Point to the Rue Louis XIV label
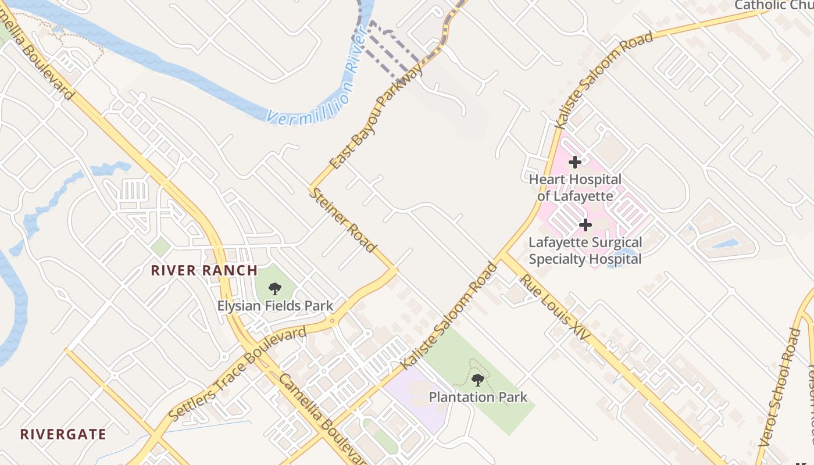(x=554, y=307)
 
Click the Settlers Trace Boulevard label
(x=237, y=374)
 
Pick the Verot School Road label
(x=779, y=387)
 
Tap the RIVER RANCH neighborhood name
(x=204, y=270)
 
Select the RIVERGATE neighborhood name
(x=63, y=434)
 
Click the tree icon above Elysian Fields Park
(x=275, y=288)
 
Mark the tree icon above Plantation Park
(x=477, y=380)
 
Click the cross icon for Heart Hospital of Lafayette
(x=575, y=162)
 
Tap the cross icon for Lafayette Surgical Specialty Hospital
(x=585, y=224)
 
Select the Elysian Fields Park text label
(x=275, y=306)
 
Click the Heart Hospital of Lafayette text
(x=575, y=188)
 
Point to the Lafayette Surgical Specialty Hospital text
(x=585, y=251)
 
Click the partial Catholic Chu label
(x=773, y=5)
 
